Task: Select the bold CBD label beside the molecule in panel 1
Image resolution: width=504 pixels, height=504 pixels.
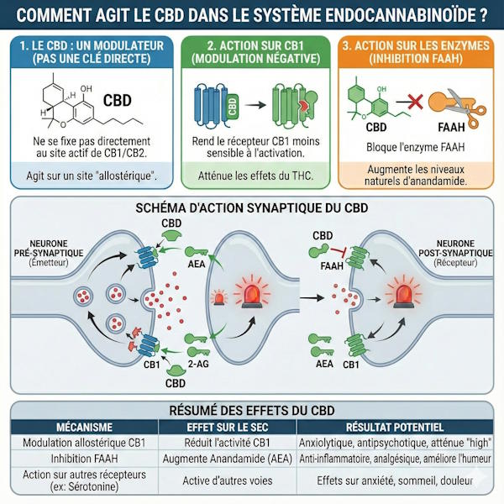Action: coord(117,100)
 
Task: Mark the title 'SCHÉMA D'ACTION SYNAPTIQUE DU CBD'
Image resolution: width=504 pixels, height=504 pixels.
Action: coord(252,207)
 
